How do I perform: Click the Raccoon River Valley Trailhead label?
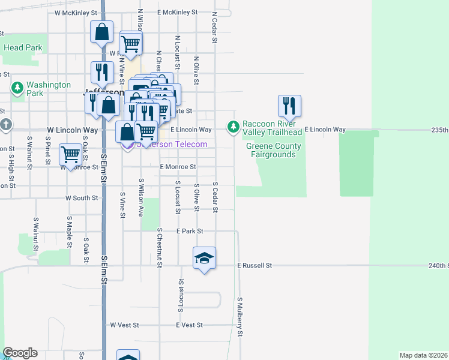coord(271,128)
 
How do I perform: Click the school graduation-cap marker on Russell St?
coord(204,258)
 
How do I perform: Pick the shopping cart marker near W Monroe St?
coord(71,155)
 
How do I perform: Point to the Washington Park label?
coord(48,89)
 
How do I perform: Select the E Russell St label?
coord(255,265)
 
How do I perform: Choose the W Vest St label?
coord(124,325)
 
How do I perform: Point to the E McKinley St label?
coord(177,12)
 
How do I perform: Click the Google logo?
coord(20,353)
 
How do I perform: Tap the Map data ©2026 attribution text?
coord(424,355)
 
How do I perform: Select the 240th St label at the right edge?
coord(438,265)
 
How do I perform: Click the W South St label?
coord(82,197)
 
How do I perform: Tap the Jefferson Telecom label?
coord(172,144)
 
